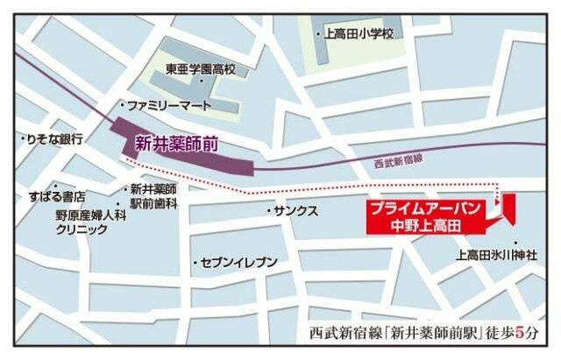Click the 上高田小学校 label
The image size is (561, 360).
[x=359, y=34]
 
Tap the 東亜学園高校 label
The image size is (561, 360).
[x=201, y=67]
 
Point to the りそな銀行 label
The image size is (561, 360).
[x=53, y=139]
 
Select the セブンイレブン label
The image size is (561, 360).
[x=238, y=262]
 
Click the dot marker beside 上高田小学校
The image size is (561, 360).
[x=318, y=34]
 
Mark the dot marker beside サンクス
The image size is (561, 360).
[x=268, y=212]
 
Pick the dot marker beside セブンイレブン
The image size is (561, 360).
[x=195, y=262]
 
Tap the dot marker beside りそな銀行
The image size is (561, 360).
[x=21, y=138]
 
